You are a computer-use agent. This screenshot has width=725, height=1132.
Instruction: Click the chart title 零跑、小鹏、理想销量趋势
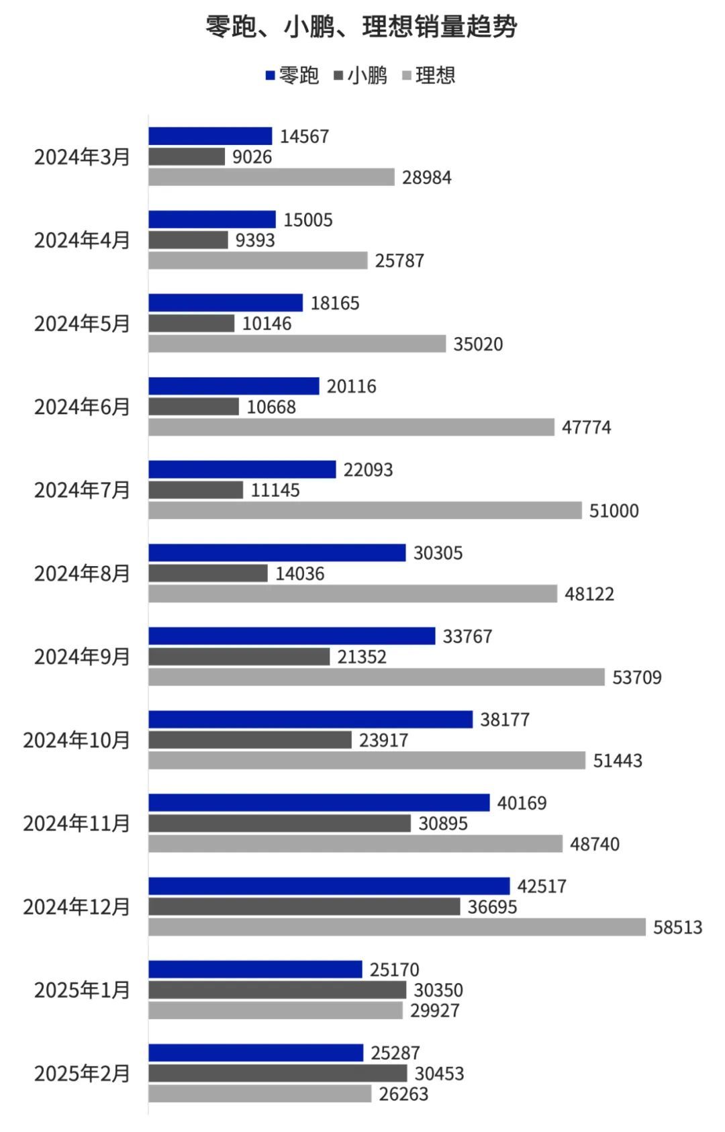(361, 27)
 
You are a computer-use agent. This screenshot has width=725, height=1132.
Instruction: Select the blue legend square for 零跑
(270, 75)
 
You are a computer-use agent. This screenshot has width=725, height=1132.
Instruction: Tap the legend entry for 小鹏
(361, 75)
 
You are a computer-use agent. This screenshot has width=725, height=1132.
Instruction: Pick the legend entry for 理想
(429, 75)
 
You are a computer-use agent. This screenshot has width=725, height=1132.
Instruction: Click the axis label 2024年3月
(82, 157)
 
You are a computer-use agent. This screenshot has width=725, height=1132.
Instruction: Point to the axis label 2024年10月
(77, 740)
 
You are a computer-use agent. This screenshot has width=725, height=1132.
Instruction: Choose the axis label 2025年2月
(82, 1074)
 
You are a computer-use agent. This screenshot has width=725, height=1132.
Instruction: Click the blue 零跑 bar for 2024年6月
(234, 386)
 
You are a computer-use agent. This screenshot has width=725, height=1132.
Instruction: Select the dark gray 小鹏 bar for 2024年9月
(239, 657)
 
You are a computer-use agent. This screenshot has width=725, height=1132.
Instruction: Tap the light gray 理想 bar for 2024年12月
(397, 927)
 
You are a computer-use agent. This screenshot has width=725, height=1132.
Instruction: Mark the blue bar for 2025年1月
(255, 970)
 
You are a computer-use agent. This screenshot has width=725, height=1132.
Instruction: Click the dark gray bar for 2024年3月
(187, 157)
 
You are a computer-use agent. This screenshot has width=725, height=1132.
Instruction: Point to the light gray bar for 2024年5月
(297, 344)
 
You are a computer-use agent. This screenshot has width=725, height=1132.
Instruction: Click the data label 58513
(678, 927)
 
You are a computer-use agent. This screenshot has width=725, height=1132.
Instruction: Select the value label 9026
(252, 157)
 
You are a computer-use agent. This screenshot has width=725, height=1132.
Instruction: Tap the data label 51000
(614, 511)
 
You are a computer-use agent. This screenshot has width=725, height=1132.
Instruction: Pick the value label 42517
(542, 886)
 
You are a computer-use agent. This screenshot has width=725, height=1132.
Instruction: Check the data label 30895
(443, 824)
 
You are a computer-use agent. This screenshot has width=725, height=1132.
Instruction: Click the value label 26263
(403, 1094)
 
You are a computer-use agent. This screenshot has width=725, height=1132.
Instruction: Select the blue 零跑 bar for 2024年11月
(319, 803)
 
